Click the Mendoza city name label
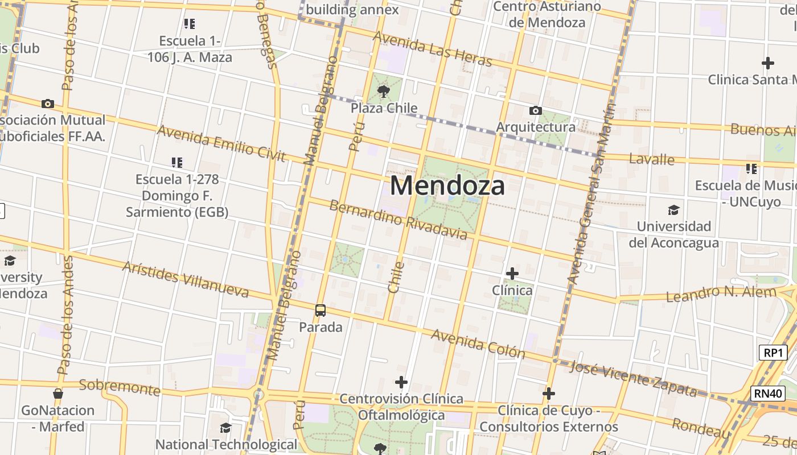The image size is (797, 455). pos(447,186)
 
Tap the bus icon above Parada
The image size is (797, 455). pos(321,311)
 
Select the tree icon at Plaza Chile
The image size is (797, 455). pos(384,91)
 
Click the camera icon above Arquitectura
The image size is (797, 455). pos(536,110)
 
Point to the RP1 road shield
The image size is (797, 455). pos(773,352)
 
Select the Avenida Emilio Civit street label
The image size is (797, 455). pos(221,143)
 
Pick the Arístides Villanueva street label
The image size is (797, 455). pos(186,279)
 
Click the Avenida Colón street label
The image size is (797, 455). pos(478,344)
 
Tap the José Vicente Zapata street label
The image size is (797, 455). pos(633,378)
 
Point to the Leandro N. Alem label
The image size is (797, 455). pos(721,294)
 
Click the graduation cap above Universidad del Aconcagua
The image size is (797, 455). pos(673,210)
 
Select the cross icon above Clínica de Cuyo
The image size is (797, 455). pos(549,394)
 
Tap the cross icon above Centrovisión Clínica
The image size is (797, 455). pos(401,382)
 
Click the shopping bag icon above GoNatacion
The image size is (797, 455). pos(57,394)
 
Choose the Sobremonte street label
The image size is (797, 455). pos(120,387)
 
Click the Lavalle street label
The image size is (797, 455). pos(651,159)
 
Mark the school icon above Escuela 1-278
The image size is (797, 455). pos(177,163)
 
